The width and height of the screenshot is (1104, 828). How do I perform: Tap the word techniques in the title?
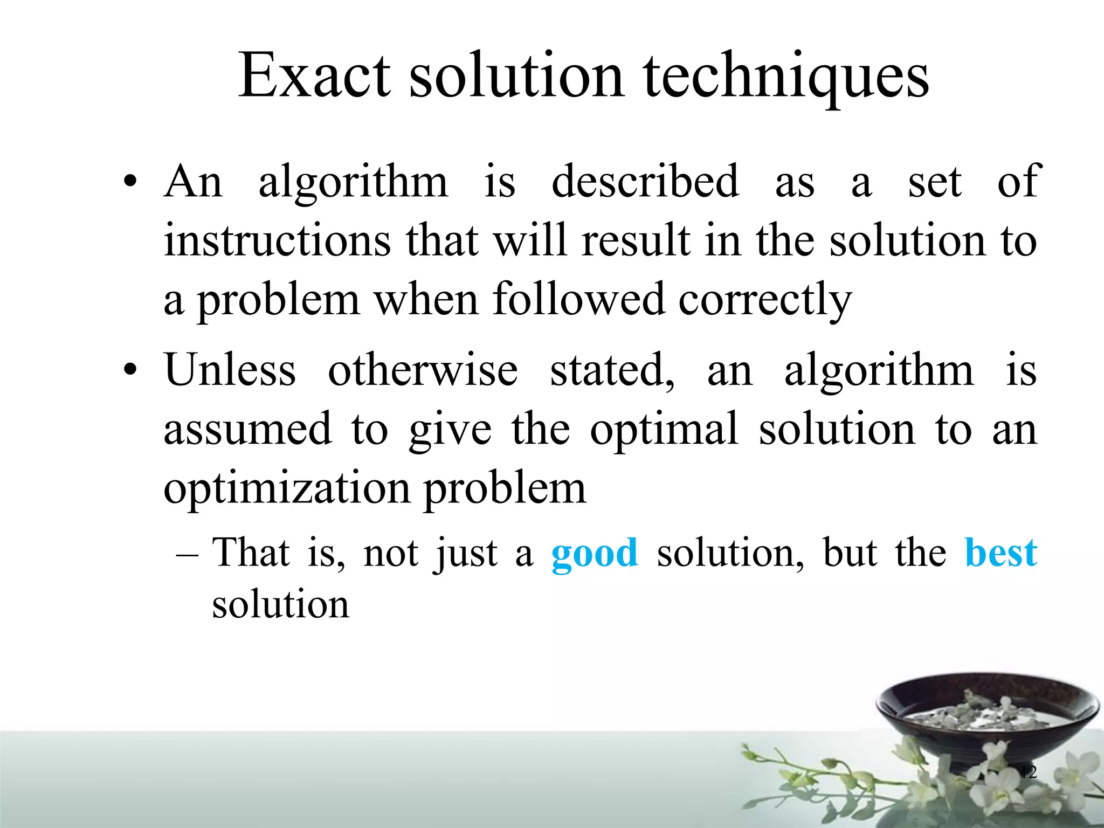tap(786, 77)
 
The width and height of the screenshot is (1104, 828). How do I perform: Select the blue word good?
tap(594, 554)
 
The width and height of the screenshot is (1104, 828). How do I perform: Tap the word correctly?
tap(764, 300)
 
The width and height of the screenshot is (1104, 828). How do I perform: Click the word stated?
tap(612, 371)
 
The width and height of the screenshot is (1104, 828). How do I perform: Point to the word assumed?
tap(247, 429)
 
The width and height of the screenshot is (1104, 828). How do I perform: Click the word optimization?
tap(287, 488)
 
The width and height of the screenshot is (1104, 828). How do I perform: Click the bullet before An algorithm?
tap(129, 182)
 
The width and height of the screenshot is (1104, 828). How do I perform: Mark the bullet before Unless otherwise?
tap(129, 370)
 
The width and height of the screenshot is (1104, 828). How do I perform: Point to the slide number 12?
tap(1029, 772)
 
